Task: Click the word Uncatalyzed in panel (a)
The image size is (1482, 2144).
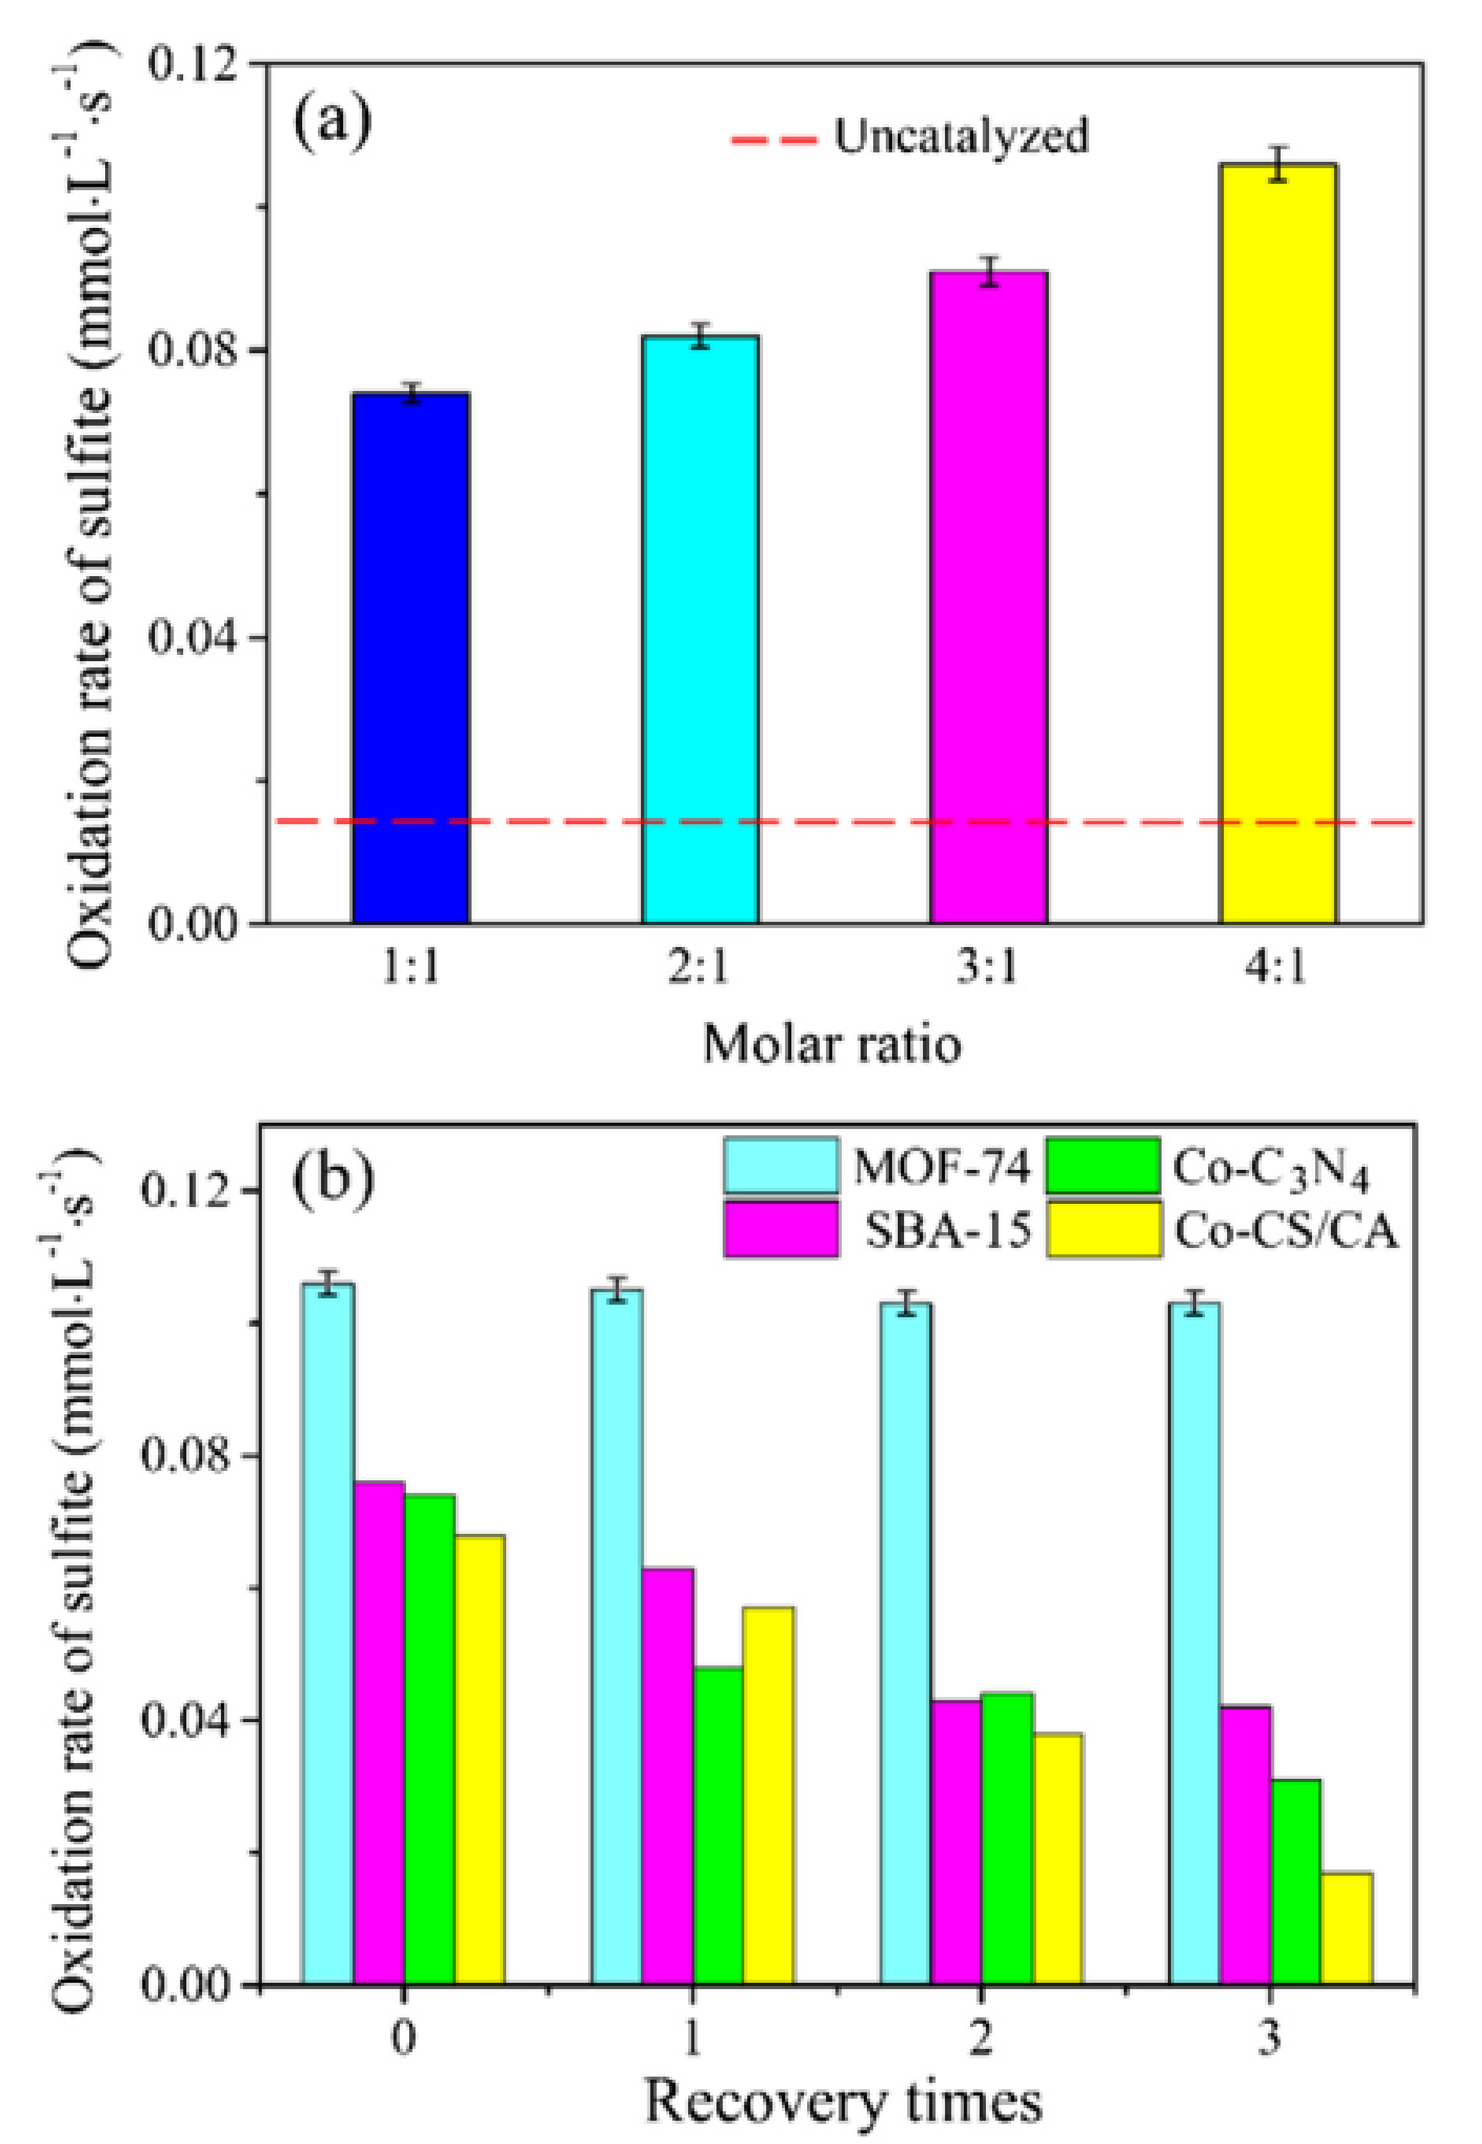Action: (x=961, y=137)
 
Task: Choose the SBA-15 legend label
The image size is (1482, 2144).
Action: (x=947, y=1231)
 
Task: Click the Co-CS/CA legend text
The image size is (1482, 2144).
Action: (x=1286, y=1231)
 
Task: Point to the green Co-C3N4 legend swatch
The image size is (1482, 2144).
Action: (x=1103, y=1166)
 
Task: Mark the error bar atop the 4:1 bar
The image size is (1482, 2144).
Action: (x=1279, y=164)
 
